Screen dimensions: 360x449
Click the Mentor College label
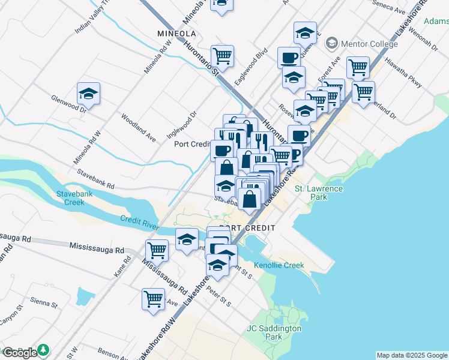click(x=368, y=44)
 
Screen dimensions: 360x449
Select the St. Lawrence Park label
click(x=318, y=193)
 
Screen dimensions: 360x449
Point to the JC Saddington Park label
click(x=274, y=332)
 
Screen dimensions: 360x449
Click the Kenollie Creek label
click(x=279, y=265)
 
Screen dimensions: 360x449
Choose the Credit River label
click(x=139, y=222)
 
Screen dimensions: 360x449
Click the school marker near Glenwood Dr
click(x=88, y=94)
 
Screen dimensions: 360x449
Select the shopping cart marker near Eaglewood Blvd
click(x=222, y=56)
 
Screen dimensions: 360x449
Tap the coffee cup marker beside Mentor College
click(x=289, y=58)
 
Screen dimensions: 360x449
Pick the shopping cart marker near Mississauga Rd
click(x=157, y=250)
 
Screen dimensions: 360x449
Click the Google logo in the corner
click(x=20, y=352)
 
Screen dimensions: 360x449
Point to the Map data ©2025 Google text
click(x=412, y=355)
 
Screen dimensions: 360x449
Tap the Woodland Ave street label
click(x=139, y=128)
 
